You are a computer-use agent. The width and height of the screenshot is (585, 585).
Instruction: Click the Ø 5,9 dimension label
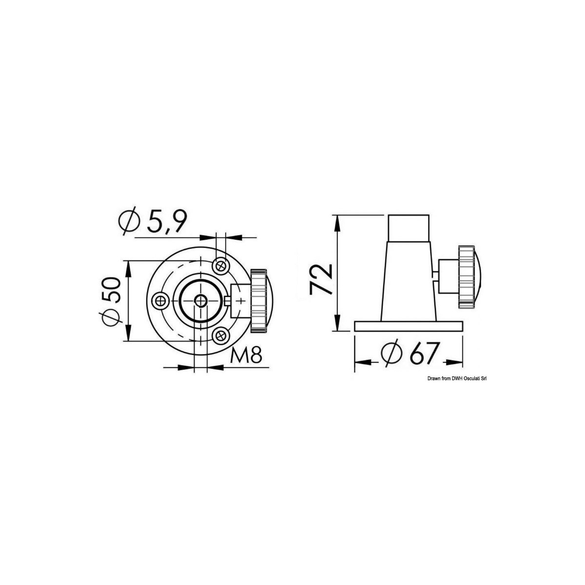click(x=152, y=222)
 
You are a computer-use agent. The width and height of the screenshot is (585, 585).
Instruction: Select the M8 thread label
click(x=246, y=356)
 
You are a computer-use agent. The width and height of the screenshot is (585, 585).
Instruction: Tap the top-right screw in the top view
click(x=221, y=265)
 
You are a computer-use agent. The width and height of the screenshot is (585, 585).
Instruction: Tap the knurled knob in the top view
click(x=258, y=301)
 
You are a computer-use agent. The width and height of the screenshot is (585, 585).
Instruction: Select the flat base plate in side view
click(x=409, y=326)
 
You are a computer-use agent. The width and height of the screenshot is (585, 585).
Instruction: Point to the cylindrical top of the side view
click(x=409, y=226)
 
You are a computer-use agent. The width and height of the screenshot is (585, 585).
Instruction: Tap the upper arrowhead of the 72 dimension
click(x=336, y=219)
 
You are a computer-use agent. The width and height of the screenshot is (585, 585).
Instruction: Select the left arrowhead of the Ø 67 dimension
click(x=360, y=362)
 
